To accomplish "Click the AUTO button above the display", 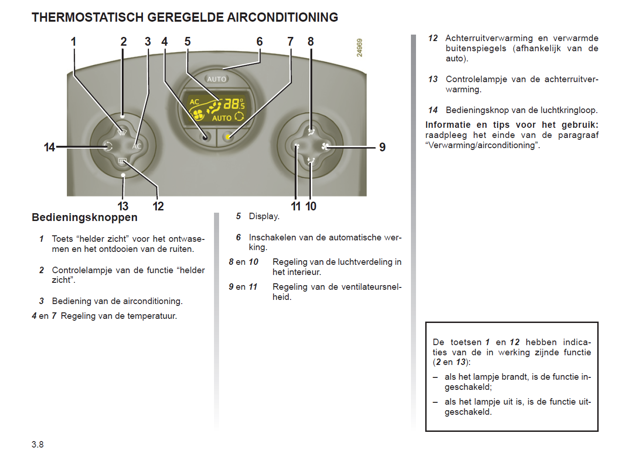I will (x=216, y=79).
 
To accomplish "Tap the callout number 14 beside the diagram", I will (x=49, y=147).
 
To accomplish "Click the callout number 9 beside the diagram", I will (x=382, y=147).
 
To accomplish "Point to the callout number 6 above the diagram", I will (x=260, y=42).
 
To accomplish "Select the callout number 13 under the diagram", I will (x=123, y=206).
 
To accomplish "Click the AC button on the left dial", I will (x=137, y=146).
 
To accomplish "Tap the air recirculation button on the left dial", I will (x=108, y=147).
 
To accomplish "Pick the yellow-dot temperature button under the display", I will (x=228, y=137).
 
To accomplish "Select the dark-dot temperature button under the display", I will (x=205, y=137).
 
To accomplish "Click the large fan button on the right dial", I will (x=325, y=147).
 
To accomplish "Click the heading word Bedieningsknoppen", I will (x=84, y=217).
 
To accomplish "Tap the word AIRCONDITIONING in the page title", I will (x=282, y=18).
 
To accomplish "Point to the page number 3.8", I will (x=37, y=444).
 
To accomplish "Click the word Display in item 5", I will (x=264, y=216).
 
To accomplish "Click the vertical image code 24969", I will (x=360, y=48).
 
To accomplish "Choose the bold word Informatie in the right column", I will (x=448, y=125).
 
